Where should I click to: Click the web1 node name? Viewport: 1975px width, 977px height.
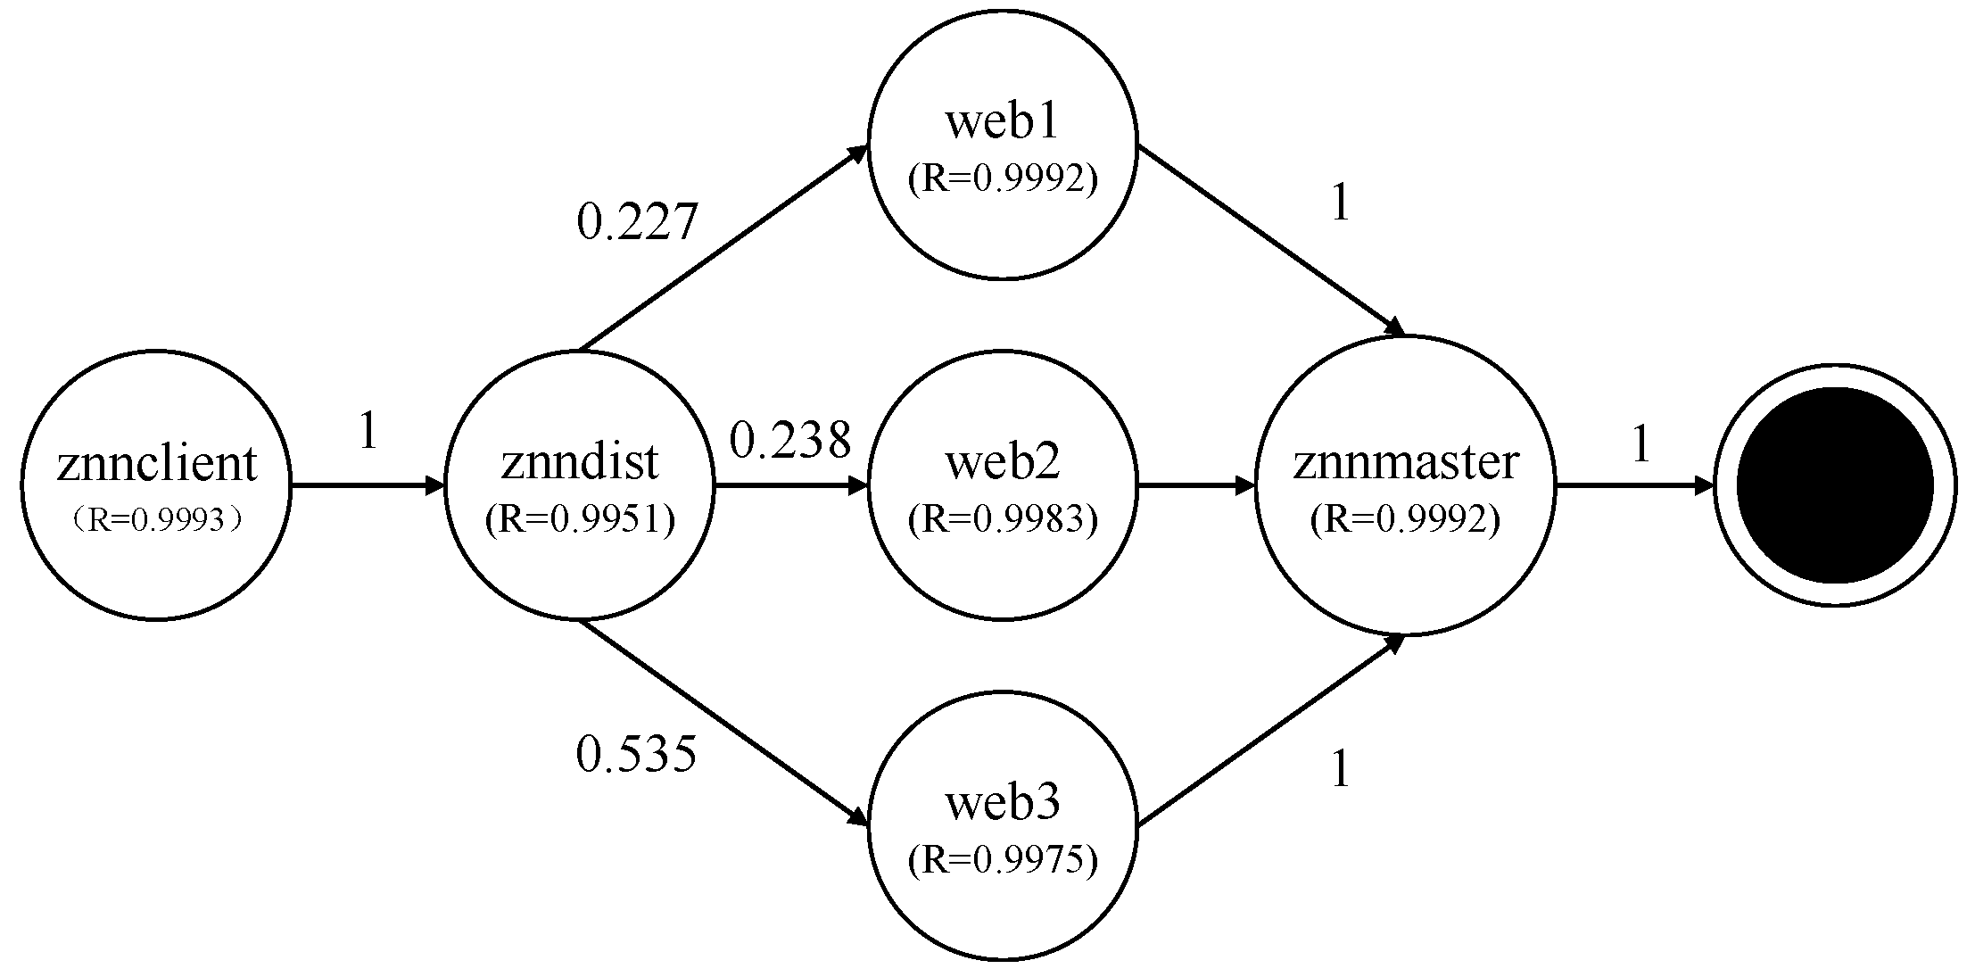[x=1002, y=121]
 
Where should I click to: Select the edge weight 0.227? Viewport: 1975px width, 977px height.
[x=636, y=222]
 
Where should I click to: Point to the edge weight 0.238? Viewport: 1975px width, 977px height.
[x=790, y=440]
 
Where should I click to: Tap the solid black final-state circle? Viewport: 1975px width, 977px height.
[x=1835, y=486]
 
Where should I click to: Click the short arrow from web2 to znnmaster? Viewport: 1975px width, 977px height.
[x=1195, y=486]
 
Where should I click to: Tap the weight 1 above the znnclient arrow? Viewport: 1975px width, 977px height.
[x=368, y=432]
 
